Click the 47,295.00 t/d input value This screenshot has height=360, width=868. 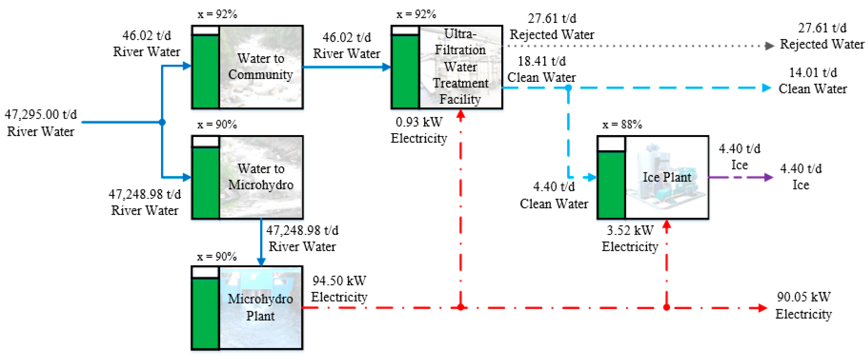(x=41, y=115)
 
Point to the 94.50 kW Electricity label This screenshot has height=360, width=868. (x=339, y=289)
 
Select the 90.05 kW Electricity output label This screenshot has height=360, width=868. (x=804, y=305)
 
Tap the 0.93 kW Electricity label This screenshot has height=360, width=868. (x=419, y=130)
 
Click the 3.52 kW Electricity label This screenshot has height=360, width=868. (x=630, y=238)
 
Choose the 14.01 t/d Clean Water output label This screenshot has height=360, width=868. (x=813, y=81)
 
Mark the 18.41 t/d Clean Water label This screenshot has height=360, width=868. (x=541, y=70)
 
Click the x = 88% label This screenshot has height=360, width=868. (x=622, y=125)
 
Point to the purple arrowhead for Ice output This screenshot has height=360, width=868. (x=769, y=177)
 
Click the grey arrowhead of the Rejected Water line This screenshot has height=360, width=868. (x=769, y=46)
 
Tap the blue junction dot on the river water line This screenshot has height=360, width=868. (x=162, y=122)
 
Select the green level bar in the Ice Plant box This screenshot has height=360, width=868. (x=611, y=185)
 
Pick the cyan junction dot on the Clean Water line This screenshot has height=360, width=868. (x=568, y=88)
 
